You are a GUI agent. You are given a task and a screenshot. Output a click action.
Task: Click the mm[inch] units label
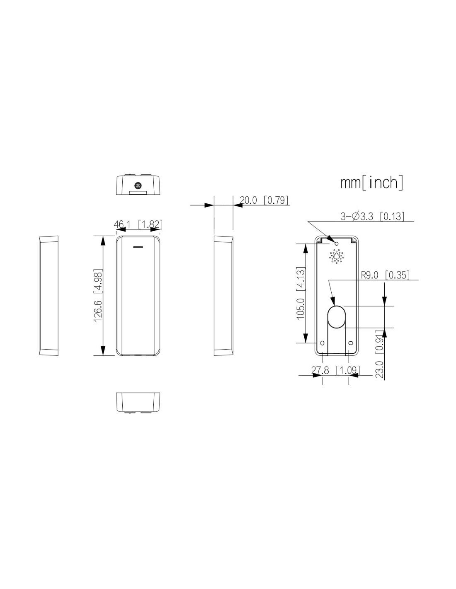(371, 183)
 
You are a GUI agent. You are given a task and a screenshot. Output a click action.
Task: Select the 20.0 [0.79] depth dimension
(264, 200)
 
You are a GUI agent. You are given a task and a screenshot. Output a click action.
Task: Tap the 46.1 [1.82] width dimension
(138, 224)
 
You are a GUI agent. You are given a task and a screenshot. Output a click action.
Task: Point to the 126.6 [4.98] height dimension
(98, 295)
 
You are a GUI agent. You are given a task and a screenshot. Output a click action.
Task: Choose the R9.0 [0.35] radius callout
(385, 275)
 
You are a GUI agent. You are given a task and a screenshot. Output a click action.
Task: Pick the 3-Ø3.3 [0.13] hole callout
(372, 216)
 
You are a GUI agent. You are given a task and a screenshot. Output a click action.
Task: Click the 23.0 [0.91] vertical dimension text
(380, 354)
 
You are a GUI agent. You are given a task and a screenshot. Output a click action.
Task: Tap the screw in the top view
(138, 186)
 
